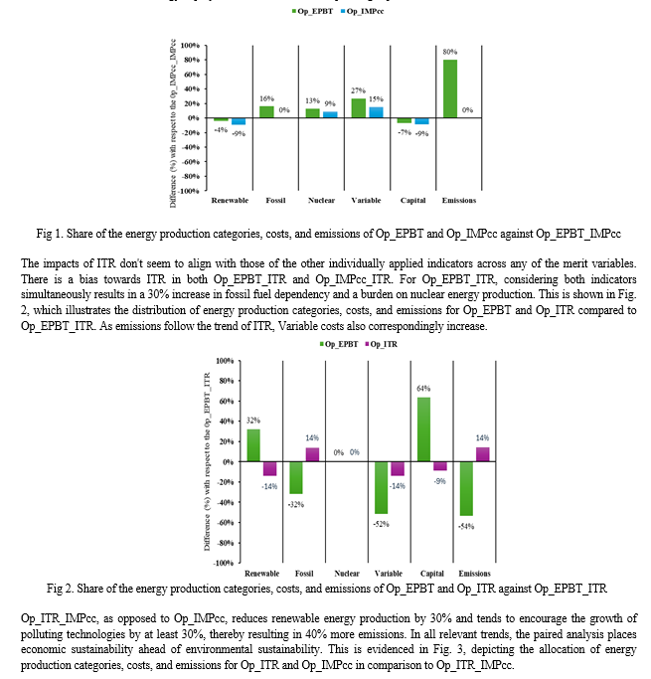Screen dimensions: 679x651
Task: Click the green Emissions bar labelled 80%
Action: (450, 88)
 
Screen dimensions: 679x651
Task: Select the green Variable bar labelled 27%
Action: (358, 108)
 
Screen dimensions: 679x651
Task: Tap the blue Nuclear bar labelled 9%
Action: (328, 114)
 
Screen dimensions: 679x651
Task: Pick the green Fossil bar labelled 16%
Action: (266, 111)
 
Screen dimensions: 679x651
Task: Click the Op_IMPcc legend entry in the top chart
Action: (367, 9)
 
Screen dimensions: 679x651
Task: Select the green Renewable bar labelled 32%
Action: (253, 445)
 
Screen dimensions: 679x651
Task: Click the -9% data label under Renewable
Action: (239, 133)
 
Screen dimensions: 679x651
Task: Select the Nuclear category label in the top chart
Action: (321, 201)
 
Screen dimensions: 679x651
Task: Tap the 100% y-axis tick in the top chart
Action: (190, 46)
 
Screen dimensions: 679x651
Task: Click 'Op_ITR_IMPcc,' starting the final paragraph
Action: (59, 618)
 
